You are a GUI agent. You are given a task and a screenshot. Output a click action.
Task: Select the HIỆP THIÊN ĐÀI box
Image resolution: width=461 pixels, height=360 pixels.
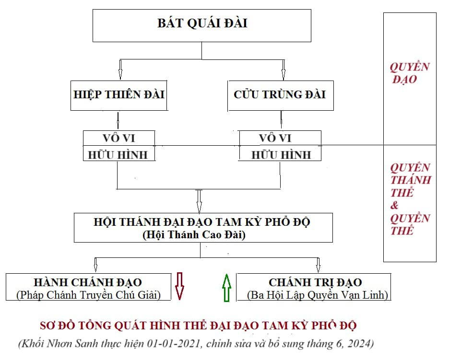click(118, 94)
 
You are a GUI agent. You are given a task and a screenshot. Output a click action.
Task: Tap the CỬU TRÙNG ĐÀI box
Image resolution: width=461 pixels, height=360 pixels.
click(280, 94)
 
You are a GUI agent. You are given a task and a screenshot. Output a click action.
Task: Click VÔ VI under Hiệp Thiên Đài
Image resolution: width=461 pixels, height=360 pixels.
click(118, 138)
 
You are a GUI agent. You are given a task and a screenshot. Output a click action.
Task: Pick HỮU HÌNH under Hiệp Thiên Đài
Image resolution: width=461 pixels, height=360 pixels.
click(118, 154)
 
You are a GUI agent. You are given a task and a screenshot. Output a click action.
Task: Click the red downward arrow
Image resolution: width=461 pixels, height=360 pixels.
click(179, 287)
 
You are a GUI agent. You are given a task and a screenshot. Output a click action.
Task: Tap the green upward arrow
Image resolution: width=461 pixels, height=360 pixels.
click(227, 288)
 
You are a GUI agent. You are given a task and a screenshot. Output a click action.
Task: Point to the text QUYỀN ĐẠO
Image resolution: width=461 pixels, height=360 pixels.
click(409, 73)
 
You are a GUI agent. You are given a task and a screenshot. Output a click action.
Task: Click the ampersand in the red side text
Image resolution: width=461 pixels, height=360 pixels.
click(395, 206)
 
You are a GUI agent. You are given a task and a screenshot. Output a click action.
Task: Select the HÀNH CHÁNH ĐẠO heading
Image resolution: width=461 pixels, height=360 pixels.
click(88, 282)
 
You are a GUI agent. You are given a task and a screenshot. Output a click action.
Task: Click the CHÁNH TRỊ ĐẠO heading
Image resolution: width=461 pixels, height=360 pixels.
click(315, 282)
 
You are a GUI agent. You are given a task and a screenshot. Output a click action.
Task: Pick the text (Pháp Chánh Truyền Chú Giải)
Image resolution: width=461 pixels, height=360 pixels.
click(88, 295)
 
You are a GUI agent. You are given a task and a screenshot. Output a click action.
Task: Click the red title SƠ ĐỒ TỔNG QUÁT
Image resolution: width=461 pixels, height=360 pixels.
click(198, 326)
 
